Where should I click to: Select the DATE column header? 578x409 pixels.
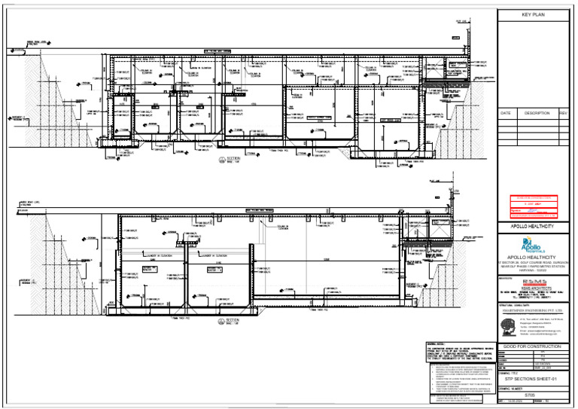click(506, 113)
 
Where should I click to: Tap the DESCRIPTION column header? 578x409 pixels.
click(537, 113)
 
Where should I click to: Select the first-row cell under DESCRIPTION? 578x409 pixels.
click(537, 121)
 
